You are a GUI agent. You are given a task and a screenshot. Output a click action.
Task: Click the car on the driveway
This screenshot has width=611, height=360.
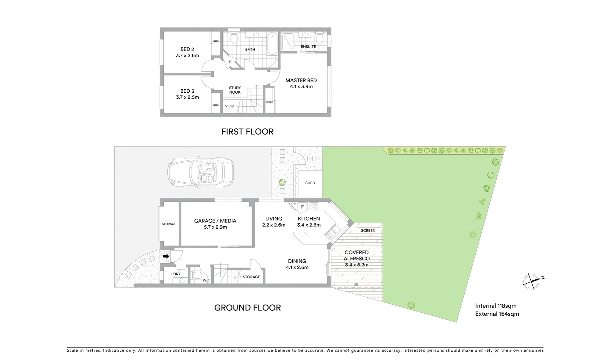(200, 173)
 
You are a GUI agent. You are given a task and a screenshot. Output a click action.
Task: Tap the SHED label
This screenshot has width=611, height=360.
(310, 183)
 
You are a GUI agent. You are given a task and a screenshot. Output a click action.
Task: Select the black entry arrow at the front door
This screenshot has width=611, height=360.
(166, 256)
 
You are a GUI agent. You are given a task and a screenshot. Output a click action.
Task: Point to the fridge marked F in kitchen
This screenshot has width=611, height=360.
(302, 207)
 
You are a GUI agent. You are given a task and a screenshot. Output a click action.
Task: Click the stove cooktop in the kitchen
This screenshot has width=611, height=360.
(314, 206)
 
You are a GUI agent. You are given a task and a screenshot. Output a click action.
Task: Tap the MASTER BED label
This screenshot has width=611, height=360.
(301, 80)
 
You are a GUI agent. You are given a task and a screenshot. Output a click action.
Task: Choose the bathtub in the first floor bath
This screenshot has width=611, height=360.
(272, 43)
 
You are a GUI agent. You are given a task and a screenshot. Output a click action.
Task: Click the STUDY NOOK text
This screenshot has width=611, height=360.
(235, 90)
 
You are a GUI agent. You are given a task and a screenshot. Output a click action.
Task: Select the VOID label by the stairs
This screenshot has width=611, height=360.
(229, 106)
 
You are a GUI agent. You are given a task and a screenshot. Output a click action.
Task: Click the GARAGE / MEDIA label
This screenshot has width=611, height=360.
(215, 221)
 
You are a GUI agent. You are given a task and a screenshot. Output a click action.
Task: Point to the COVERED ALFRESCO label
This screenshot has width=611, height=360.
(357, 255)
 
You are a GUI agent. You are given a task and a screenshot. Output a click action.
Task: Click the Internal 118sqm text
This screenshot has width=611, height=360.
(496, 306)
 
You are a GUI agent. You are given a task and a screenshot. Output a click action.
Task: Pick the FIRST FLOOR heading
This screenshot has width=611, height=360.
(247, 132)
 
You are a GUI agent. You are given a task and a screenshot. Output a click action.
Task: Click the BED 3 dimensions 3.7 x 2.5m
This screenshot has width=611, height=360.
(187, 97)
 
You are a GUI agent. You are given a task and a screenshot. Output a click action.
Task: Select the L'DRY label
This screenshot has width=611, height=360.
(175, 274)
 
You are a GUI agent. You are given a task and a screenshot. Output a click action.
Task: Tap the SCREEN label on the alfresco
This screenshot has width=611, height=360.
(368, 230)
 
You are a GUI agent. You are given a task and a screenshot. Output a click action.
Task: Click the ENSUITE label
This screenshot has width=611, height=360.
(308, 47)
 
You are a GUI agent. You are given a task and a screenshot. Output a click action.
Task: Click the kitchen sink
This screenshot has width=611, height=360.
(334, 230)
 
